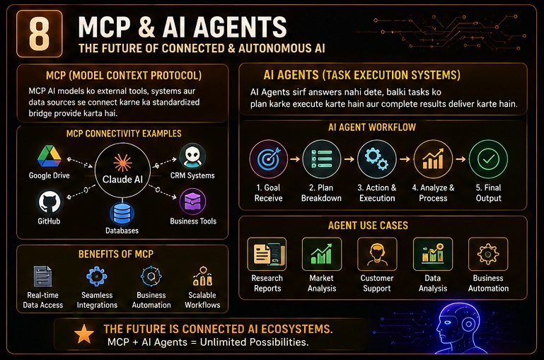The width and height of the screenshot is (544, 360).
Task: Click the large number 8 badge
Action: point(39,34)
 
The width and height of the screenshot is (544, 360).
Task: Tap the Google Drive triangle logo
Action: point(50,157)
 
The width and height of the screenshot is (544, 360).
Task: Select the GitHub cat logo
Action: point(49,202)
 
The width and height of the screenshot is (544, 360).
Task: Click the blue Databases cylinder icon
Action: point(122,214)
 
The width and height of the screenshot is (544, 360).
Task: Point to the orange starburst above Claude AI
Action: point(122,163)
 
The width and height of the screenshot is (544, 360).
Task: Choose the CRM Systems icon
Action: point(192,157)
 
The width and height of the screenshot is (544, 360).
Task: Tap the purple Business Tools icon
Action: point(192,202)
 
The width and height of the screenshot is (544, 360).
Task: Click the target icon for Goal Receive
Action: point(269,159)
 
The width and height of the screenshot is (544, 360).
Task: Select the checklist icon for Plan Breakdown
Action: point(322,159)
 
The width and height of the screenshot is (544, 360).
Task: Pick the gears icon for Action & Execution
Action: point(377,159)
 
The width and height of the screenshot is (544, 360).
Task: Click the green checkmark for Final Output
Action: point(488,159)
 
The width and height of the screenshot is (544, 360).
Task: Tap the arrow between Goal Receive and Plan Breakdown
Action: point(295,159)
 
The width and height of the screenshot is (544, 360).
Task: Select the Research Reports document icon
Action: point(267,254)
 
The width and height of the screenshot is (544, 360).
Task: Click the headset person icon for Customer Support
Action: point(377,254)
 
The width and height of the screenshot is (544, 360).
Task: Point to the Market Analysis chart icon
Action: point(322,254)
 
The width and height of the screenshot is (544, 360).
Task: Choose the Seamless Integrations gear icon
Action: point(96,277)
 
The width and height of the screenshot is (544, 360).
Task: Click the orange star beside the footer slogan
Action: point(84,335)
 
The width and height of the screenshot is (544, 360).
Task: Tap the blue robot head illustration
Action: point(457,327)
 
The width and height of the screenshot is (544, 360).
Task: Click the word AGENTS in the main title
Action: point(240,27)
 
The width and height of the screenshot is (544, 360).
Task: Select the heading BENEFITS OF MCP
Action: point(116,254)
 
